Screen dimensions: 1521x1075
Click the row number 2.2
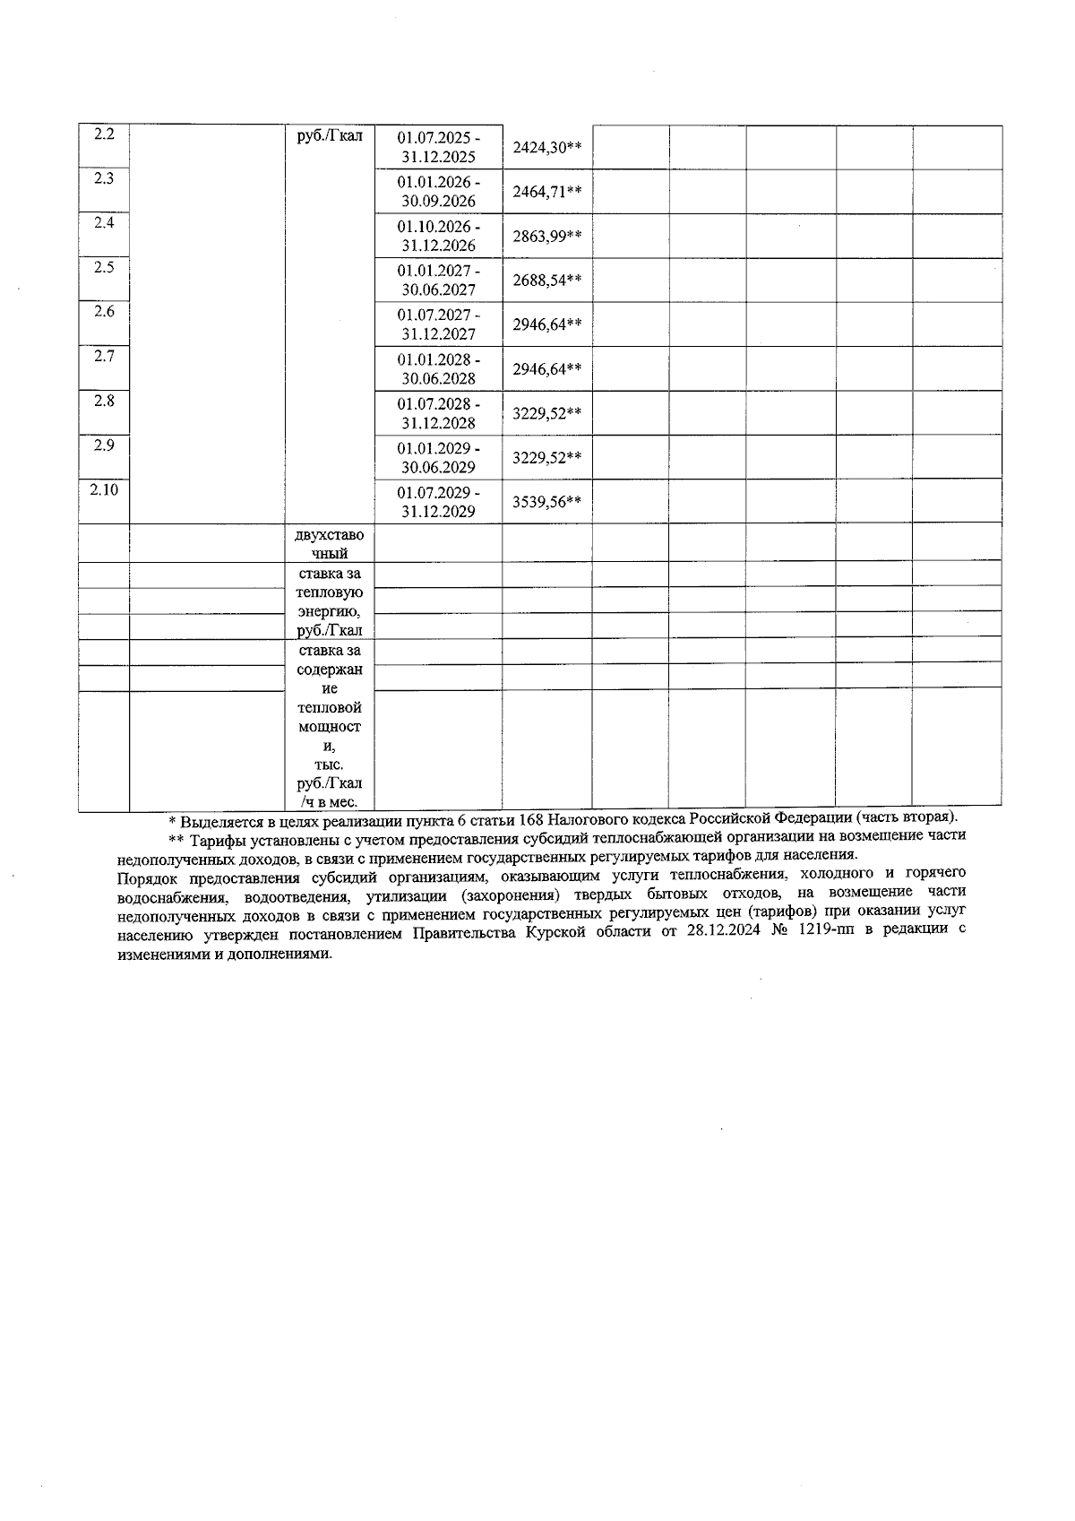(x=104, y=134)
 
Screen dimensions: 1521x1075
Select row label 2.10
(x=104, y=489)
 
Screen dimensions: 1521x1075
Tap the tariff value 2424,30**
(x=546, y=147)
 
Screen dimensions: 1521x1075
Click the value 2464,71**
(x=546, y=191)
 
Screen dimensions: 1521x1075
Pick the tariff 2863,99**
(x=546, y=236)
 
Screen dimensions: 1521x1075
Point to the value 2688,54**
(x=546, y=280)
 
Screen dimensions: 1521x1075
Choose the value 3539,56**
(x=546, y=502)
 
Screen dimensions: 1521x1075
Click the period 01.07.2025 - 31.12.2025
(x=438, y=147)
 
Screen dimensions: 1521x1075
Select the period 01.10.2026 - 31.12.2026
(x=438, y=236)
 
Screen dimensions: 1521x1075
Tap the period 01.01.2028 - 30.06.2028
(x=438, y=368)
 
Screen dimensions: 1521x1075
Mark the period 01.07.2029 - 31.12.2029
(x=438, y=502)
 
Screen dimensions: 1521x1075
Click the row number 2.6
(x=104, y=312)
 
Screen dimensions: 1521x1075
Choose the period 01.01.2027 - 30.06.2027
(x=438, y=280)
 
